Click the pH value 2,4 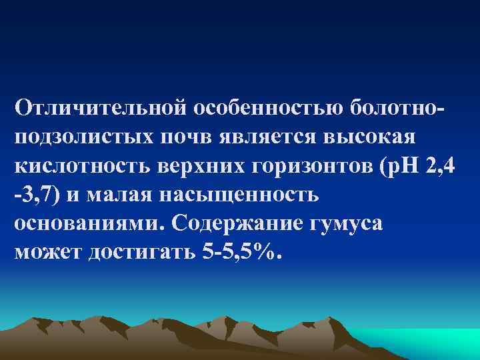coord(439,166)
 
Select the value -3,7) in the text coord(37,196)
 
